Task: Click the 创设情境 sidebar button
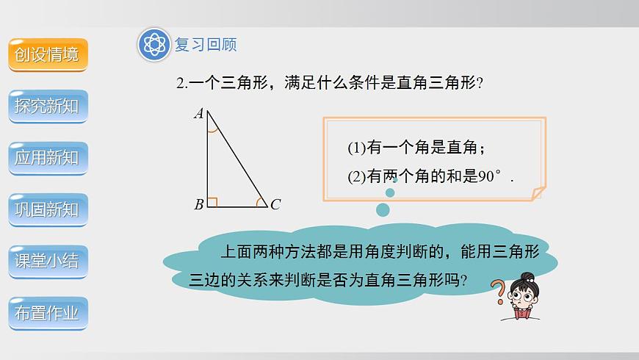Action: [48, 54]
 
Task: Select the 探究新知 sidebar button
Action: [48, 106]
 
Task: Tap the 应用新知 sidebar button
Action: [48, 157]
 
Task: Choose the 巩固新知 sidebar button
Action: [48, 209]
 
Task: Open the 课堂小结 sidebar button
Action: [48, 261]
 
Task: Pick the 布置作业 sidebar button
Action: [48, 313]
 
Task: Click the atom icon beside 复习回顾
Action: [154, 45]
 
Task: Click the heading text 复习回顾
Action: [206, 45]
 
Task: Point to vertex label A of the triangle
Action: [198, 113]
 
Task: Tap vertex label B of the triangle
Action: [198, 205]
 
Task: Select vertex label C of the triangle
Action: [275, 205]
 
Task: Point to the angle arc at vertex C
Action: [260, 201]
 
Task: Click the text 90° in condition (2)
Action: [489, 176]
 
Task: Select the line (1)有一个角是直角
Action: [416, 148]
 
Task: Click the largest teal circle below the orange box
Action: [383, 210]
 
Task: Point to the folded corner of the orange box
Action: [538, 192]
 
